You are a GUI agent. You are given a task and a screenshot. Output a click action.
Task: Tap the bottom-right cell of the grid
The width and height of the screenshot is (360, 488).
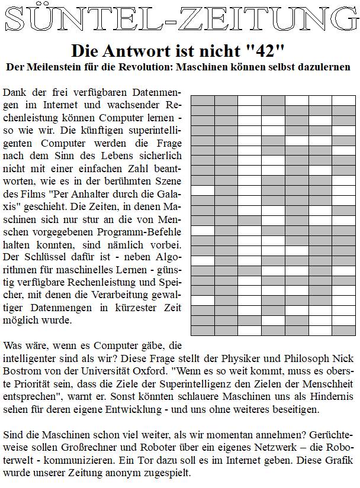[x=343, y=329]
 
